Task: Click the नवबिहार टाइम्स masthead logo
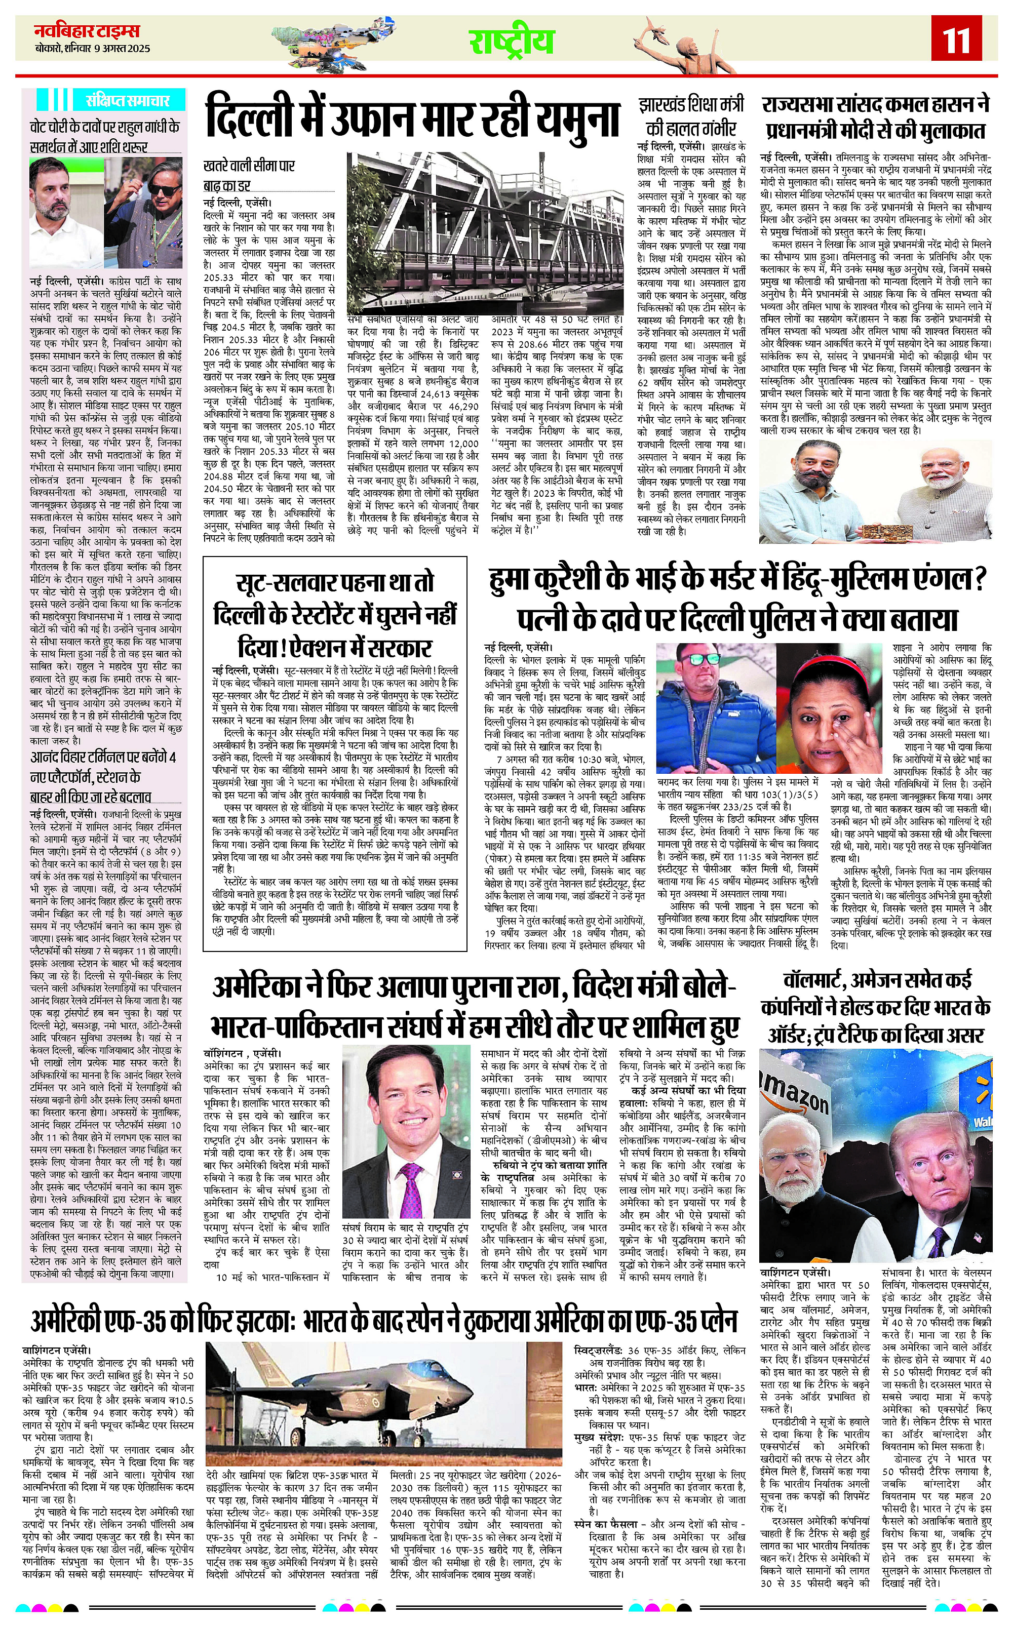(88, 31)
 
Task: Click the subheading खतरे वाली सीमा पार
(249, 166)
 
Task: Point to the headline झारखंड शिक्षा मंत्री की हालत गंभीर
(690, 116)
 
